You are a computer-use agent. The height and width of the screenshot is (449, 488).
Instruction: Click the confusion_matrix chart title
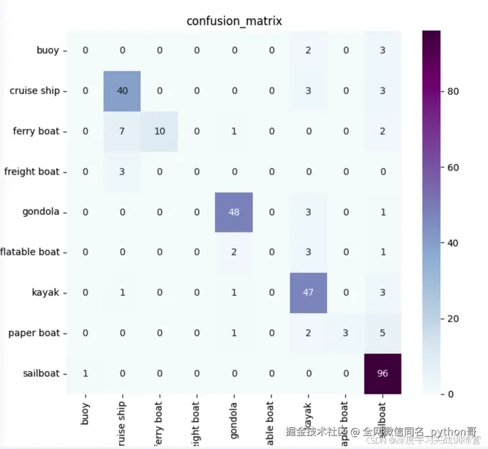coord(234,21)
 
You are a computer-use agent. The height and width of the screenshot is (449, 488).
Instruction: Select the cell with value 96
coord(383,373)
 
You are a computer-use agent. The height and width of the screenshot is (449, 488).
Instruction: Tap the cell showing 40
coord(122,91)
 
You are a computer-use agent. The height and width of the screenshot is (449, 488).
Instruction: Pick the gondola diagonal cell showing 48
coord(234,212)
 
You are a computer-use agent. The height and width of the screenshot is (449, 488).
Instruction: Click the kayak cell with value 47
coord(308,292)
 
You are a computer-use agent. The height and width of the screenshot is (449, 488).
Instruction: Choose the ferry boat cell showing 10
coord(160,131)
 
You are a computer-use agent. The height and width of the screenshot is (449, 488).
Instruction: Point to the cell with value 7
coord(122,131)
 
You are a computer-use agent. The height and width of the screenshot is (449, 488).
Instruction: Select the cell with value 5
coord(383,333)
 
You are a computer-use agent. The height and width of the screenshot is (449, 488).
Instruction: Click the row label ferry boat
coord(36,131)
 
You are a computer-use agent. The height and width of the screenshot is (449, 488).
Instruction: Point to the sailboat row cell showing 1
coord(85,373)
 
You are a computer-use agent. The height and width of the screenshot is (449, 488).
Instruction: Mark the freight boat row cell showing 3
coord(122,171)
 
